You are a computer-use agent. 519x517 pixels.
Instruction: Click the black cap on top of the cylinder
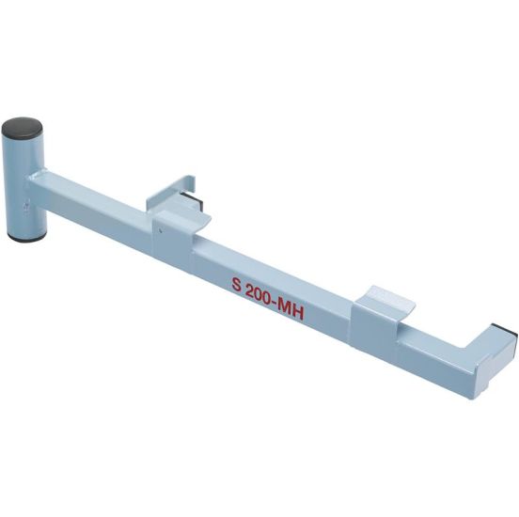23,127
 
